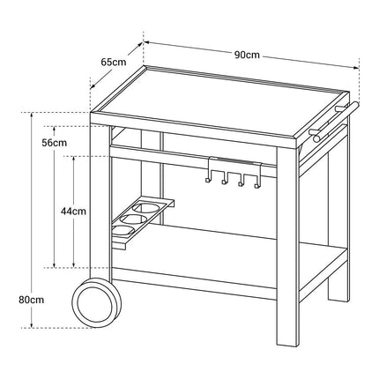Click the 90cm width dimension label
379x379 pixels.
tap(247, 55)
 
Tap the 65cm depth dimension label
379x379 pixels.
tap(114, 63)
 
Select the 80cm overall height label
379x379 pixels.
tap(32, 300)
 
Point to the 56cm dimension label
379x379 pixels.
tap(54, 143)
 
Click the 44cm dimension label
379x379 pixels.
tap(73, 211)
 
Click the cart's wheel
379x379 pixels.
tap(97, 302)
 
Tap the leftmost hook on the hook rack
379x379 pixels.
tap(207, 180)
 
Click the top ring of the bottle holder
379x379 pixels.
tap(143, 208)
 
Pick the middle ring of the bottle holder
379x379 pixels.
tap(130, 219)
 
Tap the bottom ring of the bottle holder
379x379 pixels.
tap(123, 230)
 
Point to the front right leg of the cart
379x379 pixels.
tap(288, 246)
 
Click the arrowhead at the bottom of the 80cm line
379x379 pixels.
tap(32, 325)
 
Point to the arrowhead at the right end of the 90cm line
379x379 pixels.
tap(356, 68)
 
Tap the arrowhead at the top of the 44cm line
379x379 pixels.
tap(74, 159)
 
